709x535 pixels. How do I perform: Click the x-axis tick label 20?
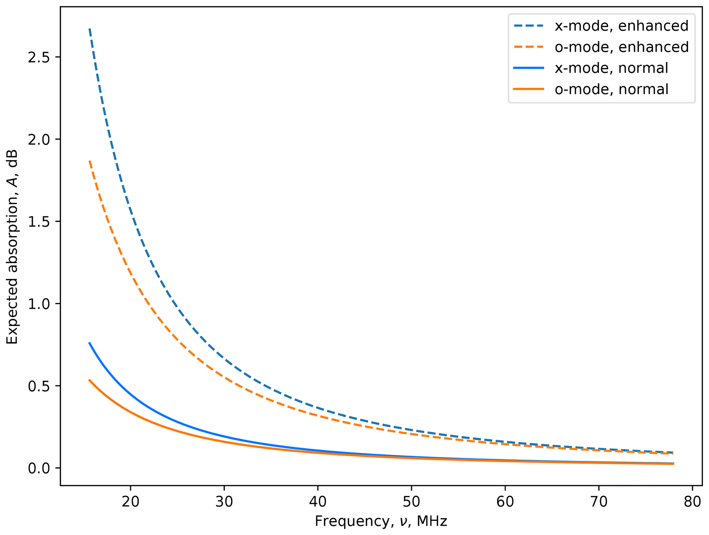pyautogui.click(x=130, y=502)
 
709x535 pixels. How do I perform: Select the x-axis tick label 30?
pyautogui.click(x=224, y=502)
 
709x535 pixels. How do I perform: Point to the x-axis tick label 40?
pyautogui.click(x=318, y=502)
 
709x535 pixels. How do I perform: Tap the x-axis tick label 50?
pyautogui.click(x=411, y=502)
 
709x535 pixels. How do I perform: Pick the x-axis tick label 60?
pyautogui.click(x=505, y=502)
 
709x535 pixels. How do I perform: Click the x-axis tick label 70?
pyautogui.click(x=599, y=502)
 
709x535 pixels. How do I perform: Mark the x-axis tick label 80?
pyautogui.click(x=692, y=502)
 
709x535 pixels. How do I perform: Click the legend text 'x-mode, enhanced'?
pyautogui.click(x=622, y=26)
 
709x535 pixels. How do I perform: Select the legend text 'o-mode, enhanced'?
pyautogui.click(x=622, y=47)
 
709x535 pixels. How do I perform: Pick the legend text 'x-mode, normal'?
pyautogui.click(x=611, y=68)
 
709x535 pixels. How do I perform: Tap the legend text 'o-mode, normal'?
pyautogui.click(x=611, y=89)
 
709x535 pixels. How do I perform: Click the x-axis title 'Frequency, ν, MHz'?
pyautogui.click(x=381, y=521)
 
